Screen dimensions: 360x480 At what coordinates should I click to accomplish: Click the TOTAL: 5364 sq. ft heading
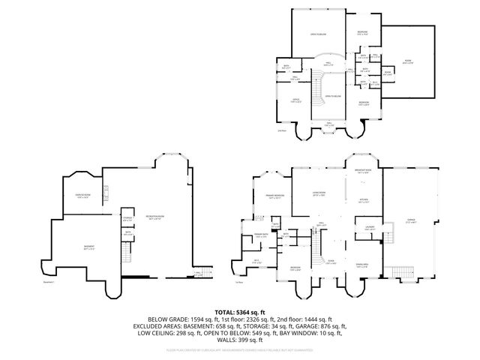(239, 311)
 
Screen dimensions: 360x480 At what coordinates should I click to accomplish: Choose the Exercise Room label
(82, 196)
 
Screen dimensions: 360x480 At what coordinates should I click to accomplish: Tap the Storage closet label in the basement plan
(127, 220)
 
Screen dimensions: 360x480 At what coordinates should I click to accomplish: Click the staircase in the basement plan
(198, 272)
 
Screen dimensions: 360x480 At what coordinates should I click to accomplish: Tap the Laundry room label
(369, 227)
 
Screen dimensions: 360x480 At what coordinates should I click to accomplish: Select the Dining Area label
(362, 263)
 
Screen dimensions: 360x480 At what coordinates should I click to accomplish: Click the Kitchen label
(363, 200)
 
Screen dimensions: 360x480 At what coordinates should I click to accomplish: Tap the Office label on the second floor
(295, 100)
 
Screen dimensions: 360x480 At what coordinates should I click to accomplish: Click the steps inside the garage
(403, 272)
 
